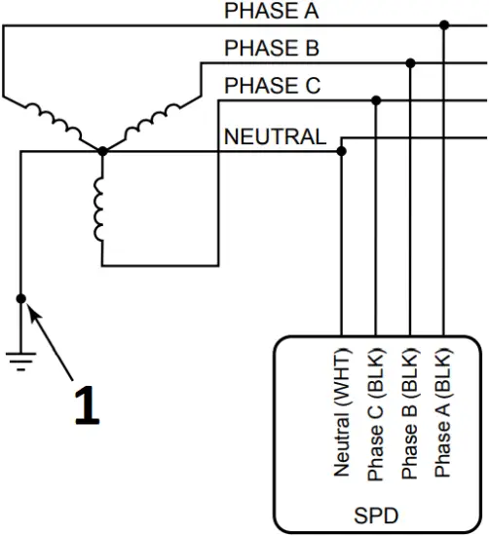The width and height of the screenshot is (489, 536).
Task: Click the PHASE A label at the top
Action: (x=271, y=12)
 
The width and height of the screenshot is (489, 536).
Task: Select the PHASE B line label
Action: (x=272, y=48)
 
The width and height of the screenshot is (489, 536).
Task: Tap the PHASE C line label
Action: (x=272, y=86)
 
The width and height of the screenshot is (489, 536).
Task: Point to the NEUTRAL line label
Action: (x=276, y=136)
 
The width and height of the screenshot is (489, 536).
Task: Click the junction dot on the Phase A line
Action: (x=444, y=25)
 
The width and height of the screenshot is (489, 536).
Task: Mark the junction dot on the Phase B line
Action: (x=410, y=62)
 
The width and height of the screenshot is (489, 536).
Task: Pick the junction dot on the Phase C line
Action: (x=376, y=99)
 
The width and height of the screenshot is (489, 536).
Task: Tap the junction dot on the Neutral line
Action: (x=342, y=151)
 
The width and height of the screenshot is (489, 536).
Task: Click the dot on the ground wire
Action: (x=20, y=298)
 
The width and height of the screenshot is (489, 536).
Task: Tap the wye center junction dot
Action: (x=102, y=151)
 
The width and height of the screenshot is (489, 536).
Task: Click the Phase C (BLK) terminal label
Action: (x=376, y=414)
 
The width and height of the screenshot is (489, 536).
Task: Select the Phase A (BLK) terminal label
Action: (x=444, y=414)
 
